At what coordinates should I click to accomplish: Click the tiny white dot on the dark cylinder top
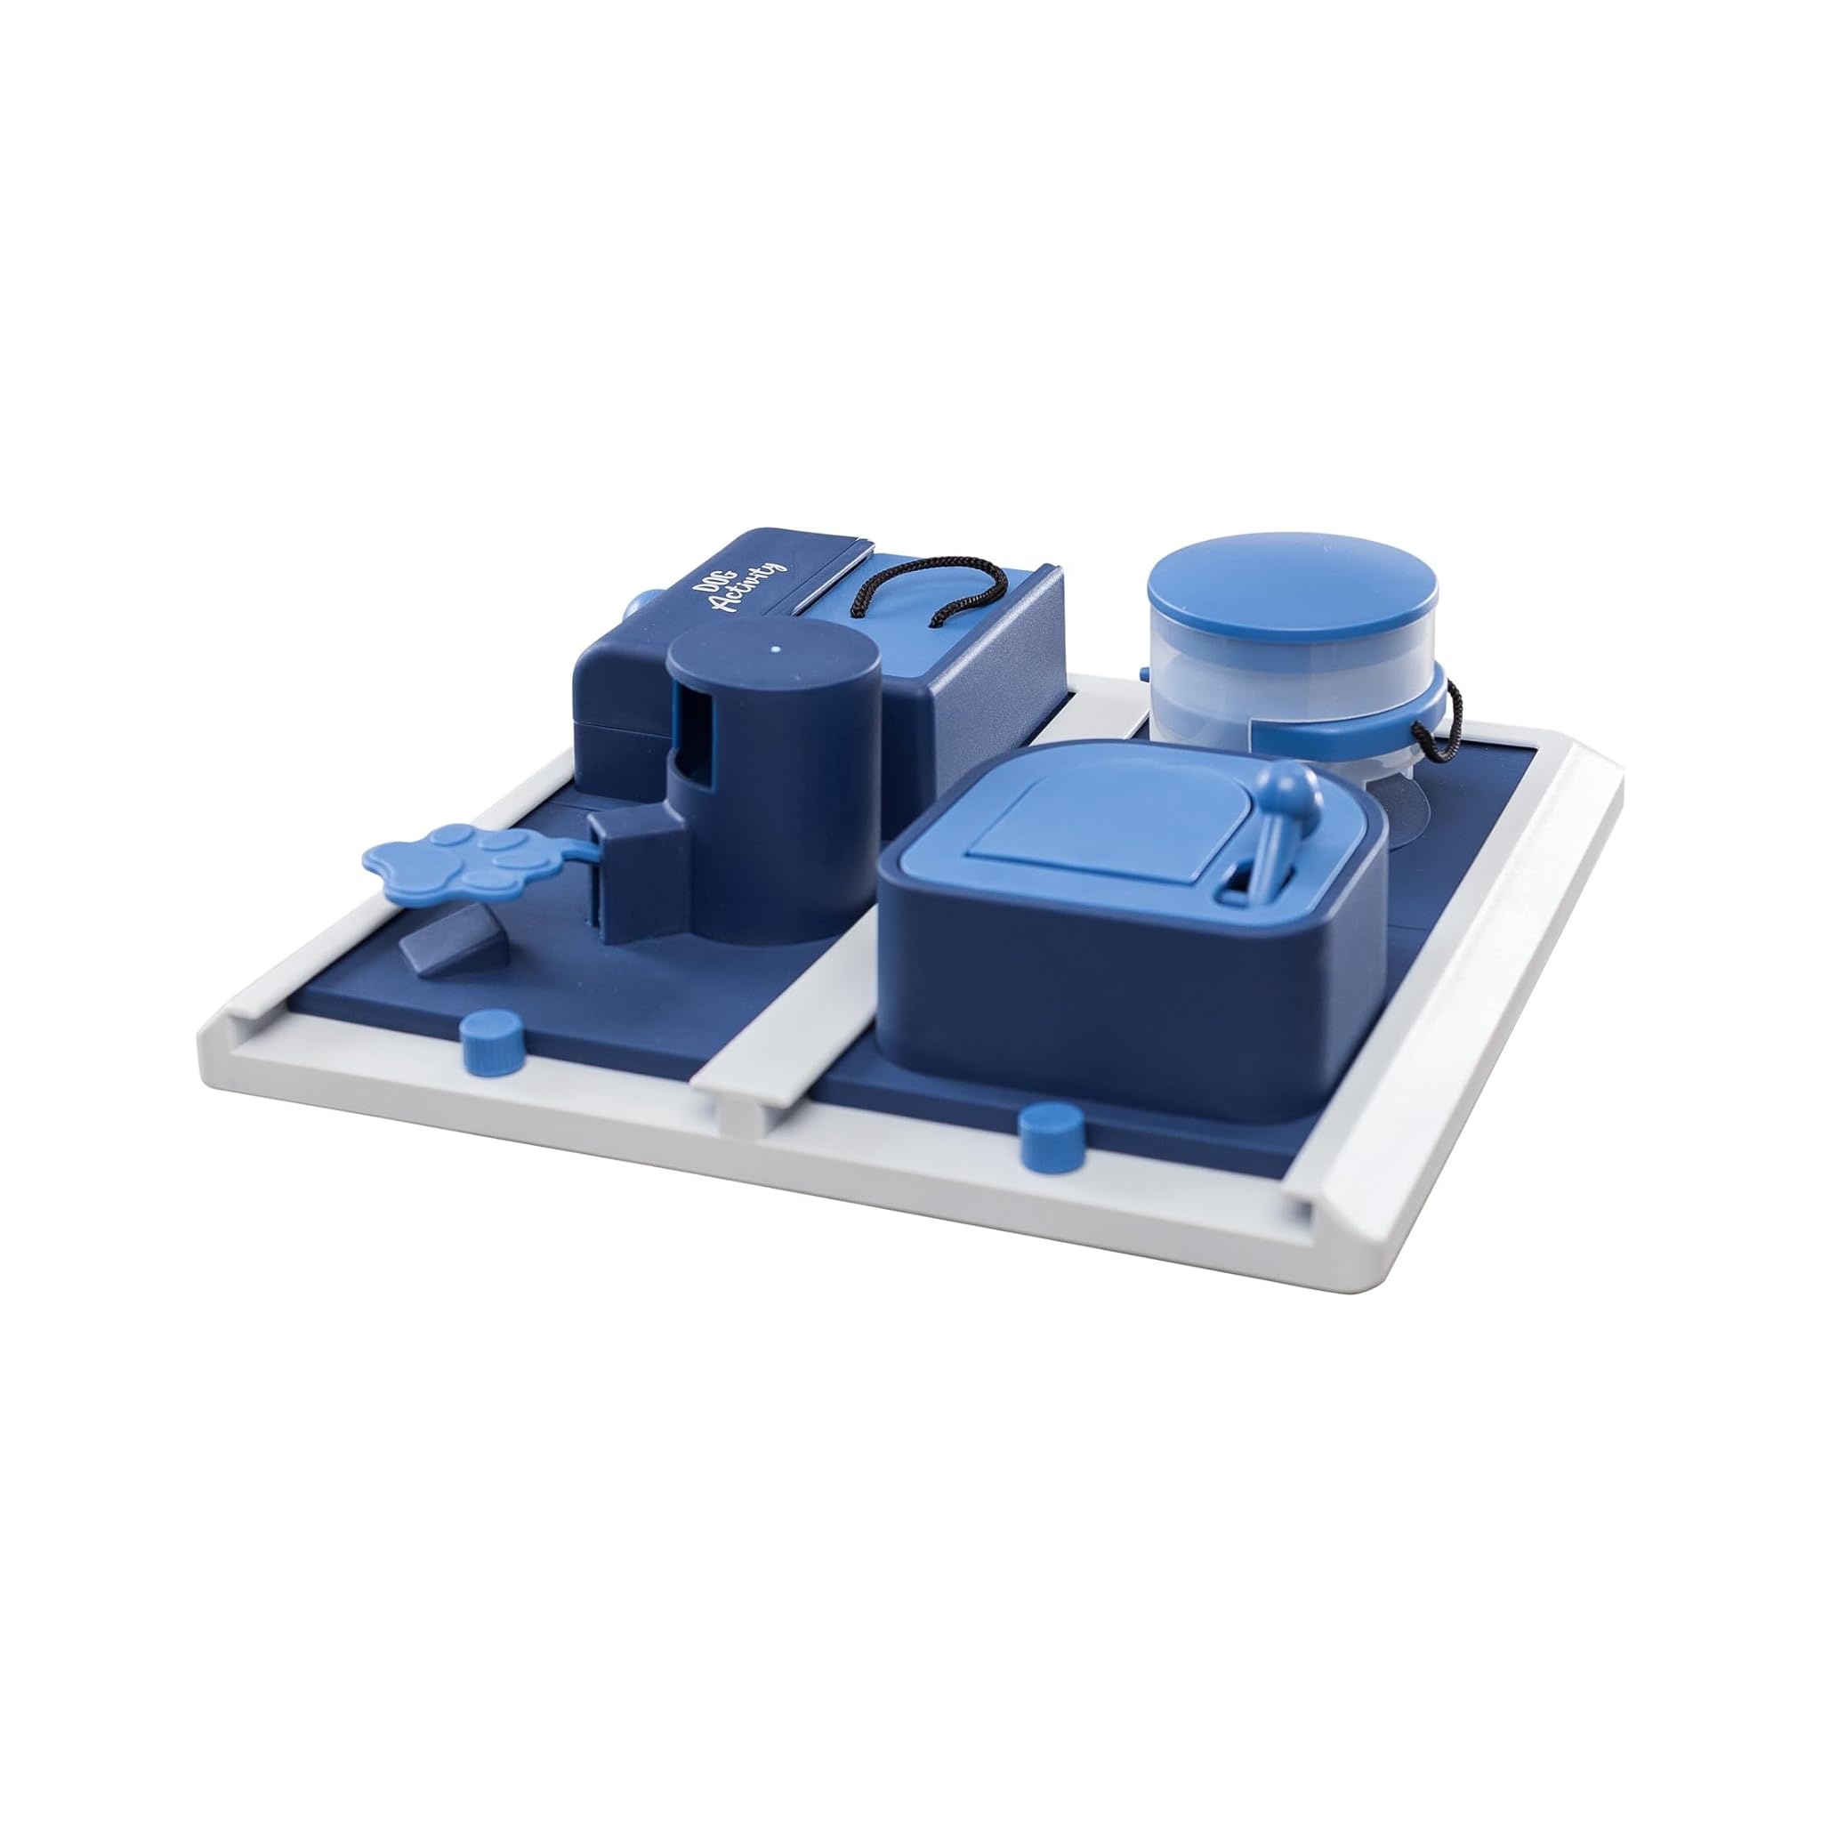pyautogui.click(x=775, y=649)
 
